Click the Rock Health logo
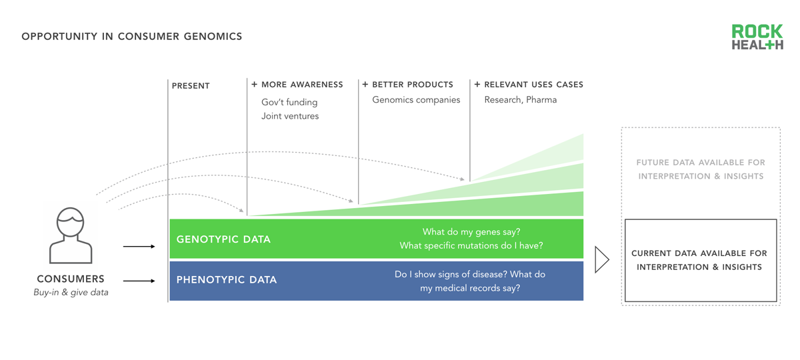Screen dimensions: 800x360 coord(757,37)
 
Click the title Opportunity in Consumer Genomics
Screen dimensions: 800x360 coord(132,37)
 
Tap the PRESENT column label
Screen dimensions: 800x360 coord(191,86)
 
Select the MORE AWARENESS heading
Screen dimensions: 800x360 coord(297,85)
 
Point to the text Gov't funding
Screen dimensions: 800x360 coord(289,102)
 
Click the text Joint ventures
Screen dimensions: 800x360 coord(290,116)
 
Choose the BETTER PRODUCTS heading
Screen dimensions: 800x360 coord(407,85)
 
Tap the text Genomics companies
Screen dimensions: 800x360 coord(416,99)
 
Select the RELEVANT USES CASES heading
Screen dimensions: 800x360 coord(529,85)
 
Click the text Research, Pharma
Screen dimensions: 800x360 coord(521,99)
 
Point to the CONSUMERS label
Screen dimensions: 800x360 coord(71,279)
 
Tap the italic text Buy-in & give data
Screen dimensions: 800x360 coord(71,293)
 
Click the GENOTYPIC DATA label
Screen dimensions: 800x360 coord(223,239)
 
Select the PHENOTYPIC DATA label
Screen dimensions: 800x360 coord(227,279)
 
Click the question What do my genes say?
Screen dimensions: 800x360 coord(471,232)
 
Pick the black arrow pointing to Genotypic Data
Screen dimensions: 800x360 coord(139,247)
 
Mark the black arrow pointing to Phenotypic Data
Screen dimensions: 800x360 coord(139,281)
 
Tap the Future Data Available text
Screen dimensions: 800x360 coord(701,169)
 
